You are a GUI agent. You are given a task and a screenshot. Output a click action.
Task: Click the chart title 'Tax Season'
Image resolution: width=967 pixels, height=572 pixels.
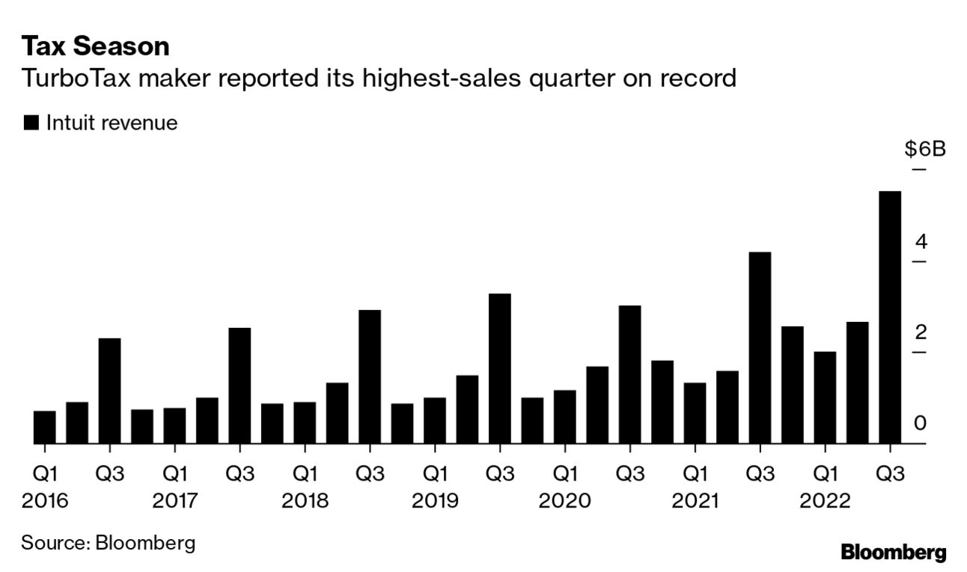point(95,47)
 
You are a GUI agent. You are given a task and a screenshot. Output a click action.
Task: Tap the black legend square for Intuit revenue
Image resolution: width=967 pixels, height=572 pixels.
point(31,124)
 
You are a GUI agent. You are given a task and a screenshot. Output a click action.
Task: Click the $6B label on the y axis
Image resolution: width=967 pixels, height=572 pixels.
point(925,149)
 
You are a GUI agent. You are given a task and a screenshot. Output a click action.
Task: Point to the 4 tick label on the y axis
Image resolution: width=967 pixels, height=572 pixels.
point(921,241)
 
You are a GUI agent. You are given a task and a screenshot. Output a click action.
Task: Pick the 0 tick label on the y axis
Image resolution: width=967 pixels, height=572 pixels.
point(921,423)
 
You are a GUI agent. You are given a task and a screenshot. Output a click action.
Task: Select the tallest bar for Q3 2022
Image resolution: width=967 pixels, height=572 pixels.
point(890,317)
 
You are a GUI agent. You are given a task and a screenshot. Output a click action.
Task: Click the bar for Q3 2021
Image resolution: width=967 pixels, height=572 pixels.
point(760,348)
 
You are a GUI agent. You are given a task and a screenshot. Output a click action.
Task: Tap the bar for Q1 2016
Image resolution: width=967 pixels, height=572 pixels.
point(44,428)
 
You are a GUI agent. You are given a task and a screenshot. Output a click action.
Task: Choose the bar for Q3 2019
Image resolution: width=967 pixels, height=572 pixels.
point(500,368)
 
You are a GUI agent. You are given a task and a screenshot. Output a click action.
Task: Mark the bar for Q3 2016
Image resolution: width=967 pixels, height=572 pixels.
point(109,391)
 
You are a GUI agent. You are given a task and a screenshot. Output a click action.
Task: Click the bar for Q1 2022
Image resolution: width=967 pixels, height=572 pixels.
point(825,398)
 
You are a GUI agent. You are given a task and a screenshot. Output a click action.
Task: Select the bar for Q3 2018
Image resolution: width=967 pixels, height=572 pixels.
point(370,377)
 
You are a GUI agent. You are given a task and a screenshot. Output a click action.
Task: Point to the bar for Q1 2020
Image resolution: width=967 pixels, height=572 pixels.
point(565,417)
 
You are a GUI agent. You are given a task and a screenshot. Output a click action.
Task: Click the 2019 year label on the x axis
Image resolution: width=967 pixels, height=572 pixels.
point(435,501)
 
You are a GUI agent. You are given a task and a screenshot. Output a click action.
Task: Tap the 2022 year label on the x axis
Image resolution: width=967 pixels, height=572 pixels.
point(825,501)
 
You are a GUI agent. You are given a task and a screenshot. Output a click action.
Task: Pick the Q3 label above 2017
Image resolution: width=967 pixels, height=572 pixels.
point(240,474)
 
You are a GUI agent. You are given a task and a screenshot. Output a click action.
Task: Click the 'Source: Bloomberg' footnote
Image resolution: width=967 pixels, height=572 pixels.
point(108,542)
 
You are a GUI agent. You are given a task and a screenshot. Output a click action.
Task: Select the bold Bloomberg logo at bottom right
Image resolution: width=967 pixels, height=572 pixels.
point(893,553)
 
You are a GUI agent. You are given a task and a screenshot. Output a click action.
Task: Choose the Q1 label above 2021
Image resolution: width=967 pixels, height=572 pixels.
point(695,474)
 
